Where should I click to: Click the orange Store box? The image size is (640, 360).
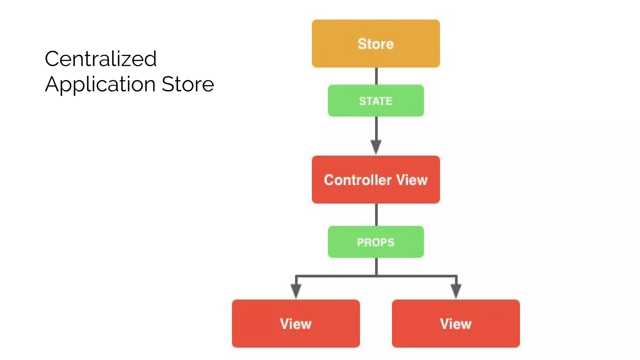(376, 43)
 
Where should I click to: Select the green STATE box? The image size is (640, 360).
(376, 101)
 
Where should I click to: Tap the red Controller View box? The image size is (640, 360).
(376, 179)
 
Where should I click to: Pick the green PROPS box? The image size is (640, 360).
(376, 242)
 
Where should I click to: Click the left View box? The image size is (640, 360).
(296, 323)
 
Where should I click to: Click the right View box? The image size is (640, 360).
(456, 323)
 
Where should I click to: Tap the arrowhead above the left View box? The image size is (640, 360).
(296, 291)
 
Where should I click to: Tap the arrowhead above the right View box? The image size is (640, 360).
(456, 291)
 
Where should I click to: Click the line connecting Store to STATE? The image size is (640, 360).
(376, 76)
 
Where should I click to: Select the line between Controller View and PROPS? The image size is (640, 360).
(376, 215)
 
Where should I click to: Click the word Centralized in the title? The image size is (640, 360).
(101, 59)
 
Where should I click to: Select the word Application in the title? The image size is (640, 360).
(100, 84)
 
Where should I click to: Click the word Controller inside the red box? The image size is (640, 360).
(357, 180)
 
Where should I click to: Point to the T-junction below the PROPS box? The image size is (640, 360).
(376, 276)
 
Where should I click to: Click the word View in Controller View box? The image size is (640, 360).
(412, 180)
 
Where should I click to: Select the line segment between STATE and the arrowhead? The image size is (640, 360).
(376, 128)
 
